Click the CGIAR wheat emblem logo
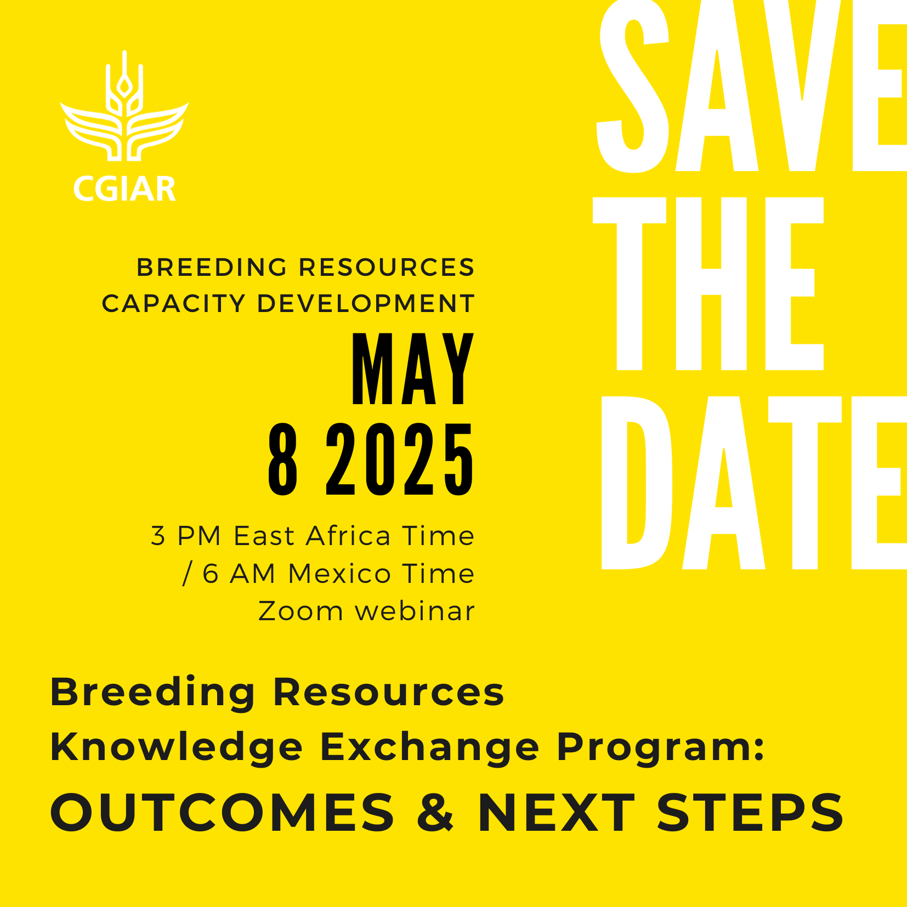(124, 107)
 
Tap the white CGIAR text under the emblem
(124, 189)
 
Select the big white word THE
(708, 284)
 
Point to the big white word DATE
(754, 483)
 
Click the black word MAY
(412, 369)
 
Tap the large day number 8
(283, 460)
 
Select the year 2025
(400, 460)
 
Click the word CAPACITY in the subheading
(174, 304)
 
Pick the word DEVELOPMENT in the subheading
(366, 304)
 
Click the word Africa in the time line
(349, 536)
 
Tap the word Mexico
(340, 574)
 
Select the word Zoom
(301, 611)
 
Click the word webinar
(415, 611)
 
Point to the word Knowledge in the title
(177, 748)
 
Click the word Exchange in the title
(430, 748)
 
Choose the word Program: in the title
(661, 748)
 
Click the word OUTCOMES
(222, 812)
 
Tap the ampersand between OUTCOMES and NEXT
(435, 812)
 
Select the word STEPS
(750, 812)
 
